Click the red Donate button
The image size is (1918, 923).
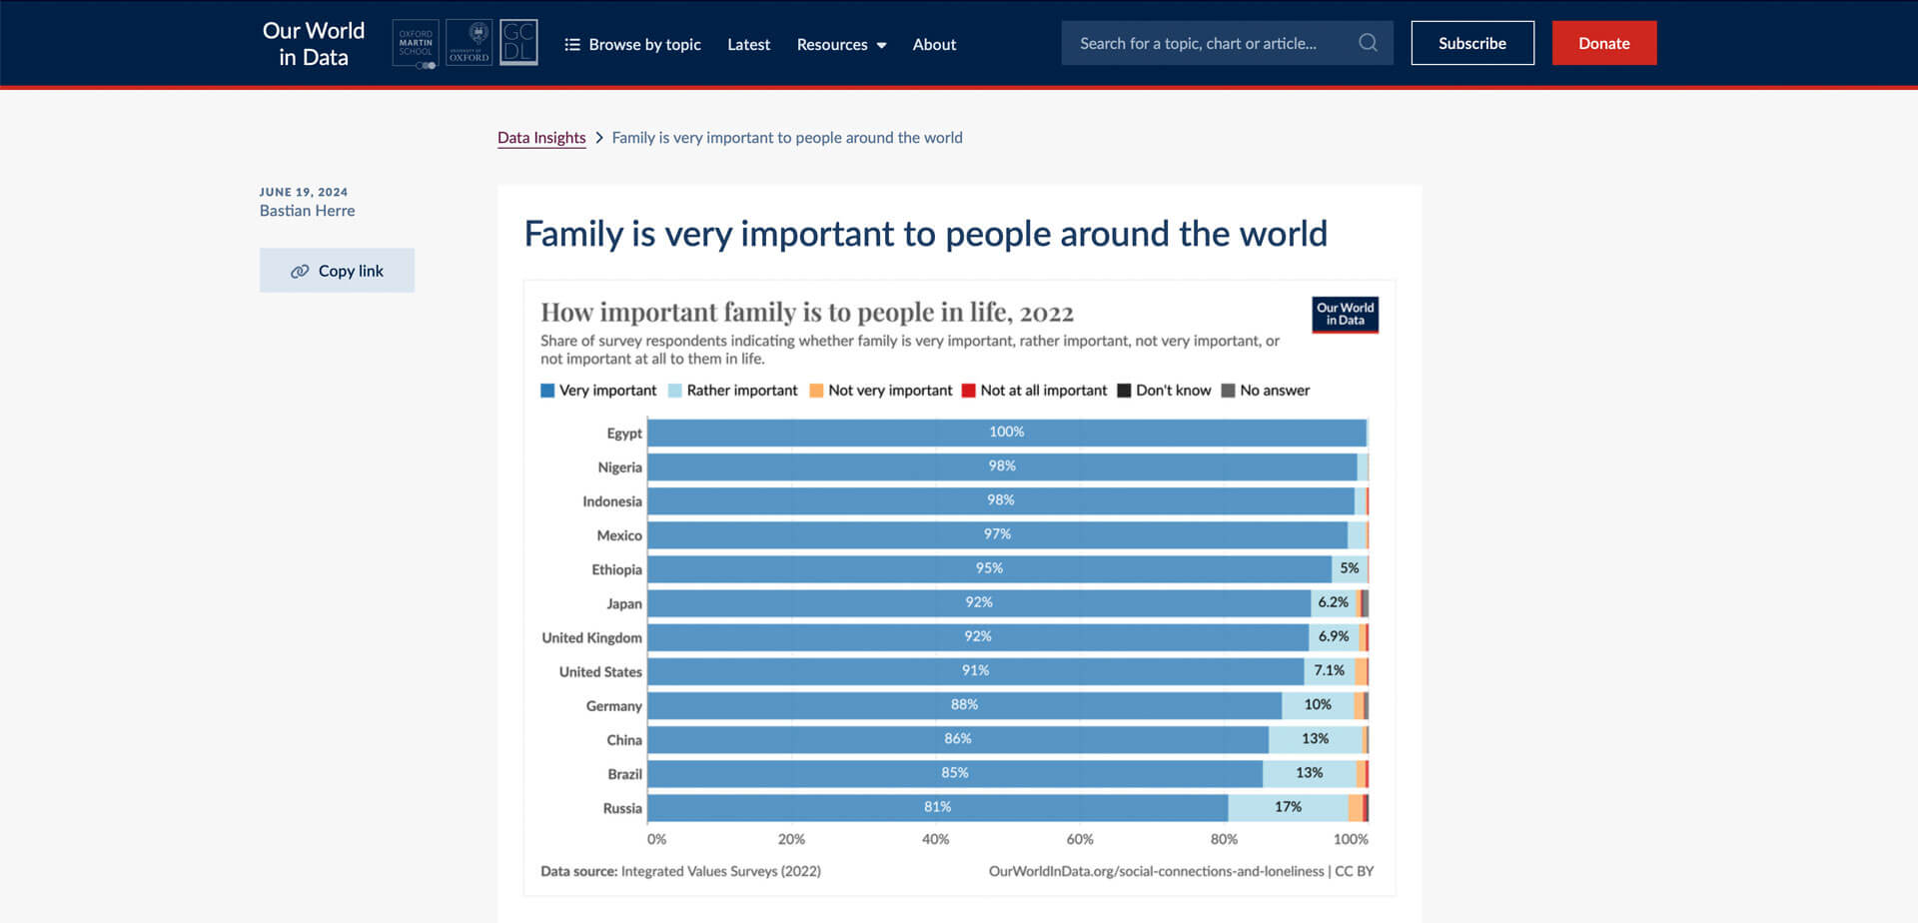(x=1603, y=43)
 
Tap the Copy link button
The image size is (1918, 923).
(x=337, y=271)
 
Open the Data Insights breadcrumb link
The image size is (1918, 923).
(x=541, y=138)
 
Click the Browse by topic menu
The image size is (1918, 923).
(x=632, y=44)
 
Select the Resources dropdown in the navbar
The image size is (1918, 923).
(x=841, y=44)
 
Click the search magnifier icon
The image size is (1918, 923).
(x=1368, y=43)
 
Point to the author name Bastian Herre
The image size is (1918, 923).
(x=307, y=211)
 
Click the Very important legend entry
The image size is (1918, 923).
(x=598, y=391)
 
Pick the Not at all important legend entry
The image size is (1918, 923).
(x=1034, y=391)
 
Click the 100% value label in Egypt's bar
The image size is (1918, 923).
(x=1006, y=432)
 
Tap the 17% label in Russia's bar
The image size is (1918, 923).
(x=1288, y=807)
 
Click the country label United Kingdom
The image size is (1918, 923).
(x=591, y=638)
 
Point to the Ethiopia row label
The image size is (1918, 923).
(x=616, y=570)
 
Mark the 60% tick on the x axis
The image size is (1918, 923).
(x=1079, y=839)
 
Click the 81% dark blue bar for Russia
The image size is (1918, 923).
(x=937, y=807)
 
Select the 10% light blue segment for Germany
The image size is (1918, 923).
(x=1317, y=705)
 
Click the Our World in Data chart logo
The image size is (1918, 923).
(x=1345, y=315)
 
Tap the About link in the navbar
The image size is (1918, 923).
(x=934, y=44)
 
